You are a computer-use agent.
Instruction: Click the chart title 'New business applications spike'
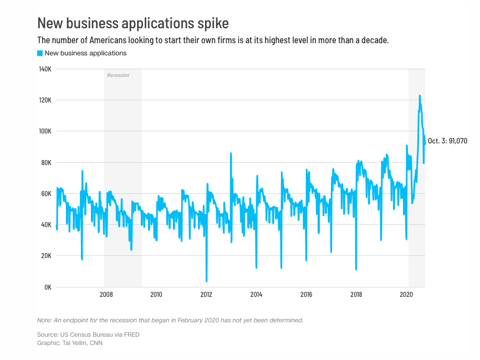point(132,23)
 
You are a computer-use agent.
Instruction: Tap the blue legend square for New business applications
point(40,53)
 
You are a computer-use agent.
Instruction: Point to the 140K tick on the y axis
point(44,69)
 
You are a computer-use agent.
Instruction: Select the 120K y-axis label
point(44,100)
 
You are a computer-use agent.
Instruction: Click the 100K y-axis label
point(44,131)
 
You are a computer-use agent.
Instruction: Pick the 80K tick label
point(45,163)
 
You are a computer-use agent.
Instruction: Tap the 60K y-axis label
point(45,194)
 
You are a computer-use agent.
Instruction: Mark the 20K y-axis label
point(45,256)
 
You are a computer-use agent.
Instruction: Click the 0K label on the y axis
point(47,287)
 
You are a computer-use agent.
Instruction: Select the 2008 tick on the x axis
point(106,295)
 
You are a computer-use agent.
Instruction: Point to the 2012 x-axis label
point(206,295)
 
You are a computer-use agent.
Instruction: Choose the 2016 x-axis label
point(306,295)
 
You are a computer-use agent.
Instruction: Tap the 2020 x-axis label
point(407,295)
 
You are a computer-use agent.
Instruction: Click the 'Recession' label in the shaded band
point(118,75)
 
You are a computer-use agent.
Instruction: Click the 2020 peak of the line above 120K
point(420,96)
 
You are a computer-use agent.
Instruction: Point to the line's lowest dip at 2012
point(206,281)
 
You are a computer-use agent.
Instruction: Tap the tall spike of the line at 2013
point(231,153)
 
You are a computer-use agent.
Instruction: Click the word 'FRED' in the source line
point(132,335)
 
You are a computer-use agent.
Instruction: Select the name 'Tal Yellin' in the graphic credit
point(74,343)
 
